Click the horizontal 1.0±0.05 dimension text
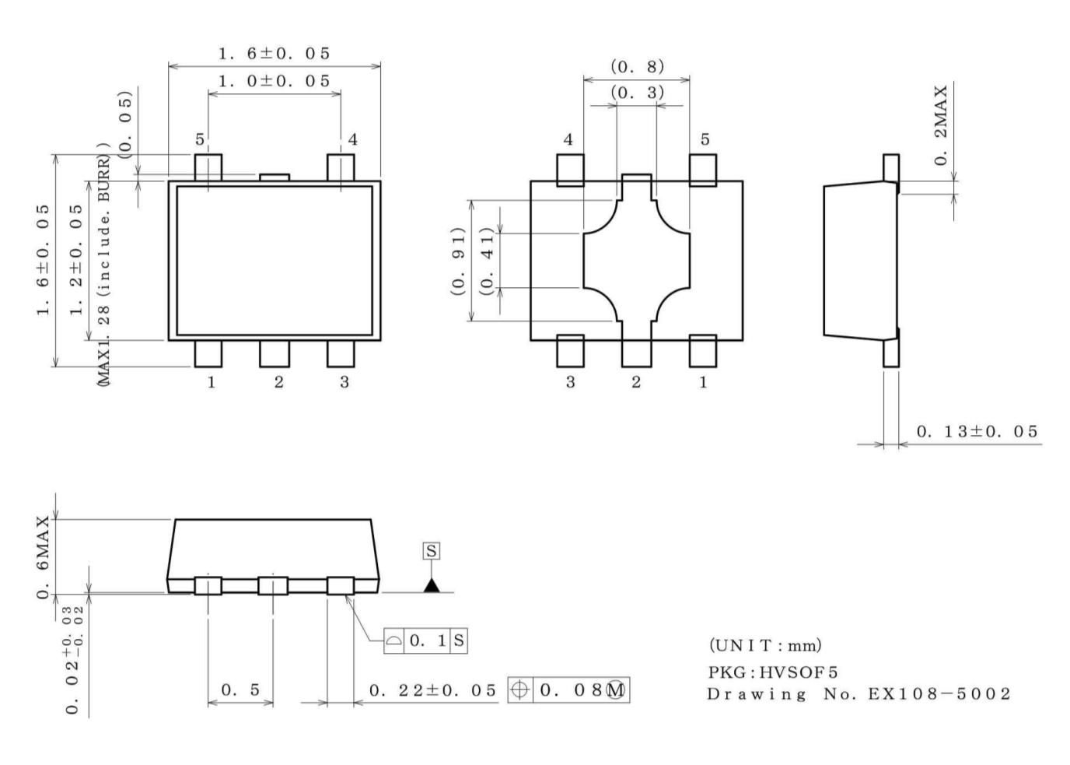click(x=274, y=81)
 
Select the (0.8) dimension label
click(x=637, y=66)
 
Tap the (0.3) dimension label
click(x=637, y=93)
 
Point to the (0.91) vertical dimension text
click(x=458, y=261)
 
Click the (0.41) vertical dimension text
click(x=488, y=261)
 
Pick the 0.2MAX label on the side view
click(x=942, y=125)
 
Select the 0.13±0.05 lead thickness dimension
click(x=977, y=431)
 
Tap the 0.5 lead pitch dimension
click(x=240, y=690)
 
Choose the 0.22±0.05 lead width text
click(x=432, y=690)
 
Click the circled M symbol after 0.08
click(x=617, y=690)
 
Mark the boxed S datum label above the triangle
click(x=431, y=551)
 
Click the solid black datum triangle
click(x=432, y=584)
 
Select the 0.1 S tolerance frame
click(x=426, y=640)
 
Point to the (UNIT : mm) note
click(x=764, y=645)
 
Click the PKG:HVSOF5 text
click(x=772, y=672)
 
